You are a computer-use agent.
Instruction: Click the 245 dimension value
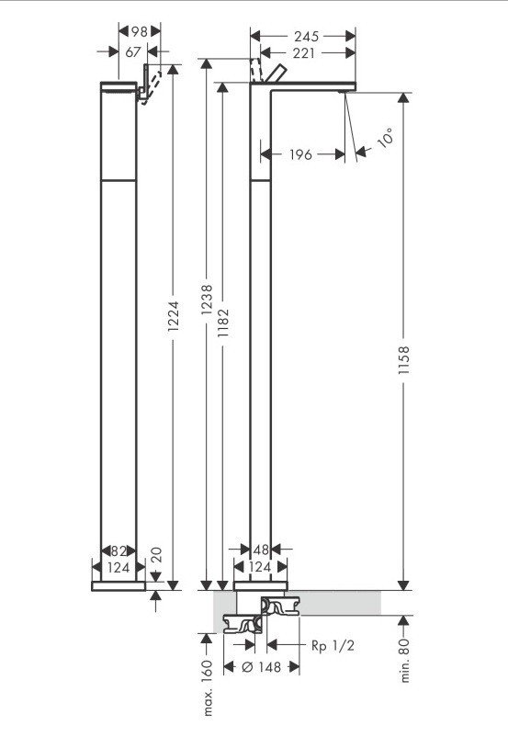tap(306, 36)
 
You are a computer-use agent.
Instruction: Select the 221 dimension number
tap(303, 53)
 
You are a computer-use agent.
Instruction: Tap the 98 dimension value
tap(139, 31)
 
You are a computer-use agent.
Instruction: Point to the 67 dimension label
tap(133, 51)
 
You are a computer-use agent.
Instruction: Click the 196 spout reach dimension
tap(300, 154)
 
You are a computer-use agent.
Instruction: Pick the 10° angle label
tap(385, 138)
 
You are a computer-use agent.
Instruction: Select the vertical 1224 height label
tap(173, 316)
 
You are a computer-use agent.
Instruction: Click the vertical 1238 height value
tap(207, 300)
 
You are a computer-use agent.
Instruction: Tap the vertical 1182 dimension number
tap(222, 323)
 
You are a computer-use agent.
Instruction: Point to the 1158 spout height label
tap(403, 360)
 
